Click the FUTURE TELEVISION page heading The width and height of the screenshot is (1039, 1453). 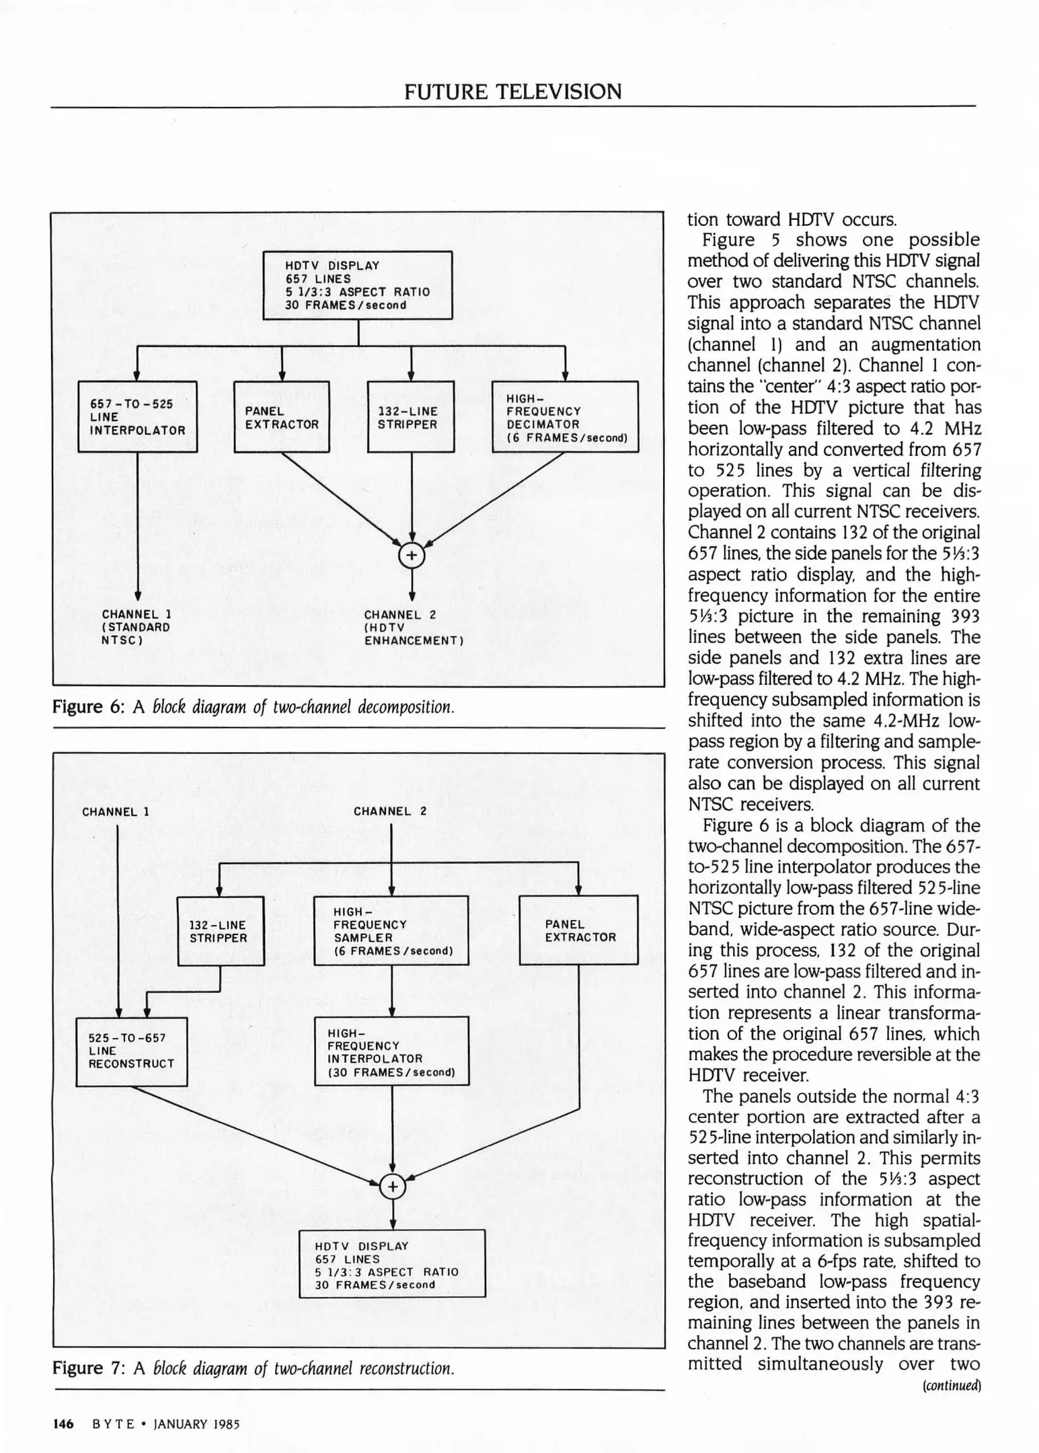[512, 91]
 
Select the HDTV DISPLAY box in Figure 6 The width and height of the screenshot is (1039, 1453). [357, 285]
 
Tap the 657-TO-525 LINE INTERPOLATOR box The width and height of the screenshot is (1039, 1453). [138, 417]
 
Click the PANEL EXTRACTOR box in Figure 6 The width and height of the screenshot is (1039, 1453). [282, 417]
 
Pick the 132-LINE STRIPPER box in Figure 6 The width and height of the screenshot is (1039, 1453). [411, 417]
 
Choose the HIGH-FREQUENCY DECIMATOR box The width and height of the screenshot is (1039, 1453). [565, 417]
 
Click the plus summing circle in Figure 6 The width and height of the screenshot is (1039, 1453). [412, 556]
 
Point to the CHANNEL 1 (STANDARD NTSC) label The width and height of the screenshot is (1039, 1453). [136, 627]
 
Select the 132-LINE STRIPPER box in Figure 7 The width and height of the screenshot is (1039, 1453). [221, 931]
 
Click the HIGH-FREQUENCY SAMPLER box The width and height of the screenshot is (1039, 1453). [391, 931]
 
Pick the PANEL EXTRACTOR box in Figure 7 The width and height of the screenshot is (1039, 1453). [578, 931]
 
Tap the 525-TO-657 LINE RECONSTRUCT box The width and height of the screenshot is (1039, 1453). [132, 1051]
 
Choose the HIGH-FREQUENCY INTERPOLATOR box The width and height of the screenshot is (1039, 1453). [391, 1051]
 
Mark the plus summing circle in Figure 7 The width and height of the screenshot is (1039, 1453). [392, 1187]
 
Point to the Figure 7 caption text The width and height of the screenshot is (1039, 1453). [253, 1368]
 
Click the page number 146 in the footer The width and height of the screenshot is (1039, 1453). [63, 1423]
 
